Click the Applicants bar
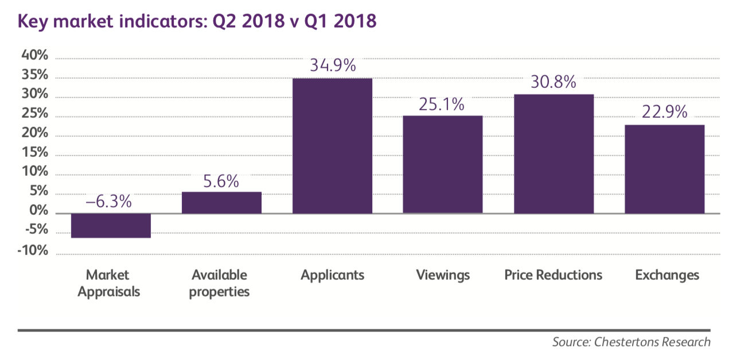[x=332, y=146]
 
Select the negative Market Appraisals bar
[x=111, y=226]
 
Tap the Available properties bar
[x=221, y=203]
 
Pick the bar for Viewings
[x=442, y=164]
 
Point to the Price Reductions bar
[x=553, y=154]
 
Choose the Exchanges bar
[x=664, y=169]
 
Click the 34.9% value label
[x=333, y=65]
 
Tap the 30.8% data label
[x=553, y=82]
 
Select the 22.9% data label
[x=664, y=113]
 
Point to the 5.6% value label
[x=221, y=181]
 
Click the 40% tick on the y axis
[x=36, y=56]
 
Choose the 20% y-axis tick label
[x=36, y=134]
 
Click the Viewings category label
[x=443, y=275]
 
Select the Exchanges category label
[x=667, y=275]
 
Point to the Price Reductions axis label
[x=553, y=275]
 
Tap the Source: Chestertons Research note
[x=631, y=342]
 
